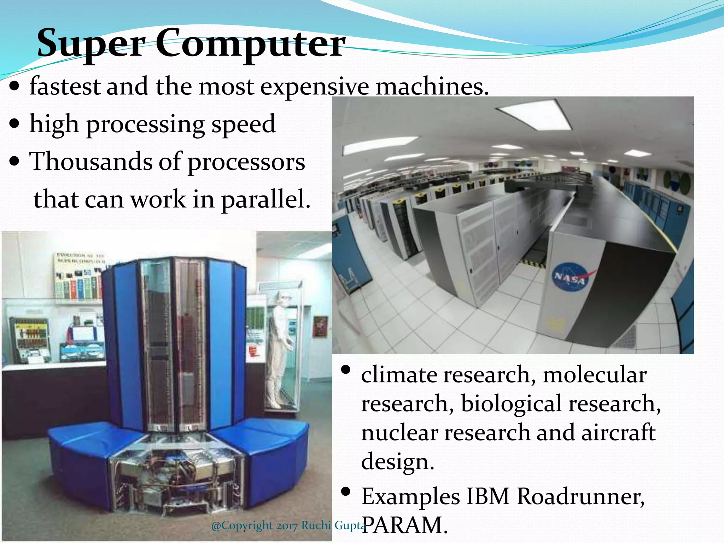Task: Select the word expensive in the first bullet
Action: click(314, 87)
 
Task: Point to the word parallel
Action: click(265, 200)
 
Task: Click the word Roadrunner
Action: click(580, 497)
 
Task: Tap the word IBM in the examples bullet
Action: click(488, 497)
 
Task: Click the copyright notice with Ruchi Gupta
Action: click(288, 526)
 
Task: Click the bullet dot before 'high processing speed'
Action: click(15, 124)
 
